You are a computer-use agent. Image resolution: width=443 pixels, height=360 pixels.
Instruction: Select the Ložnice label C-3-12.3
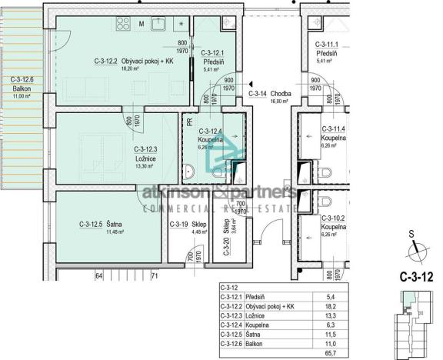tap(146, 149)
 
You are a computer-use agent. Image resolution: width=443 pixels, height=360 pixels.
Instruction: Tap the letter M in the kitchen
tap(142, 22)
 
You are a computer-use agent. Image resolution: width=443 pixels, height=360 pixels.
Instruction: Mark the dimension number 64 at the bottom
tap(99, 275)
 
